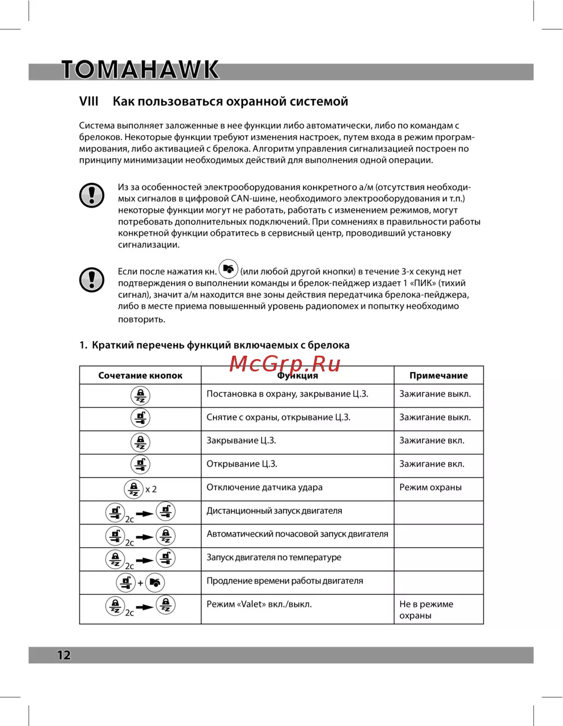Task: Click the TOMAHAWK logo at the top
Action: click(140, 69)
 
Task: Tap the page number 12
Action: click(64, 655)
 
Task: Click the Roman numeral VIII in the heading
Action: click(89, 101)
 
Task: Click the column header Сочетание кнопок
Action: click(140, 375)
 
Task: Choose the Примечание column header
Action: click(439, 375)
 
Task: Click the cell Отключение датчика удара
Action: click(265, 487)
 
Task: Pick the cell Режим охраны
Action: click(431, 487)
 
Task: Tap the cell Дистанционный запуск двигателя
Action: click(274, 511)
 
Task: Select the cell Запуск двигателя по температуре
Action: click(274, 557)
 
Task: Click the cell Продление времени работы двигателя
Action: click(285, 581)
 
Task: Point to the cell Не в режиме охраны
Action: click(426, 610)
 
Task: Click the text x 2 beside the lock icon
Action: click(151, 490)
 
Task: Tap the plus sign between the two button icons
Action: click(141, 583)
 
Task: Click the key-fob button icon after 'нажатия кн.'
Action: click(228, 269)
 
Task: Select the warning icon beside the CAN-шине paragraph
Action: click(92, 195)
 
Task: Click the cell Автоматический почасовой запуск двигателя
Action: click(297, 534)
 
